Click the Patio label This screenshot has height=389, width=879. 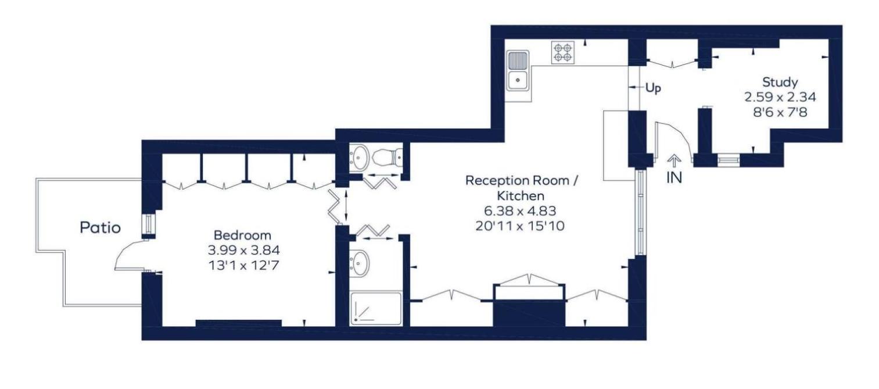coord(100,227)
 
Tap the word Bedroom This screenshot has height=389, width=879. coord(242,235)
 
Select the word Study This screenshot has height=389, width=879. coord(780,83)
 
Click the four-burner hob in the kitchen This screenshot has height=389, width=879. coord(563,53)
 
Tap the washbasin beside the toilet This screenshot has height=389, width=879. coord(359,157)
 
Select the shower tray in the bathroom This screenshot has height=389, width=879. coord(375,308)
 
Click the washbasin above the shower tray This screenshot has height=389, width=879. coord(359,262)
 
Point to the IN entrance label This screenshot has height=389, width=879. coord(674,177)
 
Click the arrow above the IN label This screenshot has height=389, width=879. coord(674,160)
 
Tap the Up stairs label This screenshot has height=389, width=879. coord(653,88)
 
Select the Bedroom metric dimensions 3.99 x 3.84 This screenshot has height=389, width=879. coord(243,250)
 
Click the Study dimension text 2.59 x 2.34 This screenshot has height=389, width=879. coord(780,97)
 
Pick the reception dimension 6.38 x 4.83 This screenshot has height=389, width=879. coord(520,211)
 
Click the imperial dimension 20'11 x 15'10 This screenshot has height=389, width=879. coord(520,226)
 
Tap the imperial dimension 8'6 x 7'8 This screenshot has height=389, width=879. coord(780,112)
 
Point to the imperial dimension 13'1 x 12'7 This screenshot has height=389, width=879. coord(243,266)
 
